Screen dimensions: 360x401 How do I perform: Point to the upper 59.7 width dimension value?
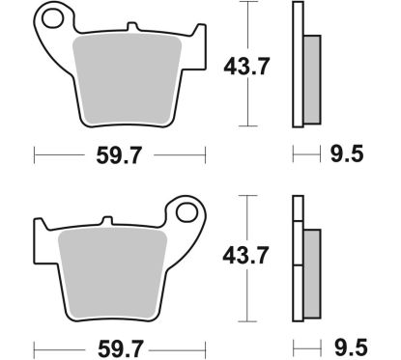121,153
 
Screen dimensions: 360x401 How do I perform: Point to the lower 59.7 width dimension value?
121,345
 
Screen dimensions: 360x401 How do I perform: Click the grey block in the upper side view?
310,77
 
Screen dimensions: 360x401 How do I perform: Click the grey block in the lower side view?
310,265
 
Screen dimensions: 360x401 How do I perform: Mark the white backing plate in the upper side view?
297,64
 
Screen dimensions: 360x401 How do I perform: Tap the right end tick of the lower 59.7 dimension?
206,345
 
